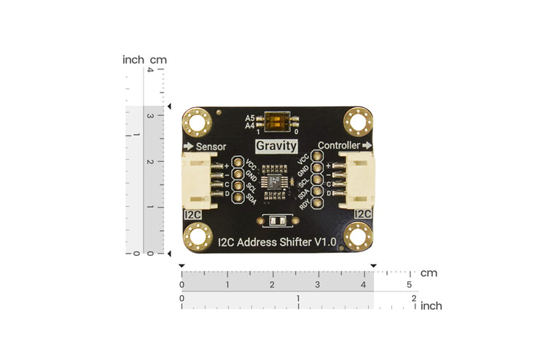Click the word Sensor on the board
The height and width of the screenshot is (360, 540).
pos(211,146)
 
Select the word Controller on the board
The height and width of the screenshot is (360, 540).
pos(339,146)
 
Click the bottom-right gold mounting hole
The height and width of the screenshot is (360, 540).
pos(359,237)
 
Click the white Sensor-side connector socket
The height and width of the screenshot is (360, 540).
pos(197,183)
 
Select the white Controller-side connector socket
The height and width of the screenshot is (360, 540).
pos(357,183)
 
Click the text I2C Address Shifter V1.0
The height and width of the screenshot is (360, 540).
pos(277,241)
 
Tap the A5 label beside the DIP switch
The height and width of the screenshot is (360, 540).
pos(250,117)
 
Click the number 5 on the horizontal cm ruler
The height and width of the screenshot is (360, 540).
pos(409,284)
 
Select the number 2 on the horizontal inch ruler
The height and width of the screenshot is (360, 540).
pos(413,298)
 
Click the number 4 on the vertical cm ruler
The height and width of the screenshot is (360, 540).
pos(150,70)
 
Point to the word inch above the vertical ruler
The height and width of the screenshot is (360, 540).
pos(133,60)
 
